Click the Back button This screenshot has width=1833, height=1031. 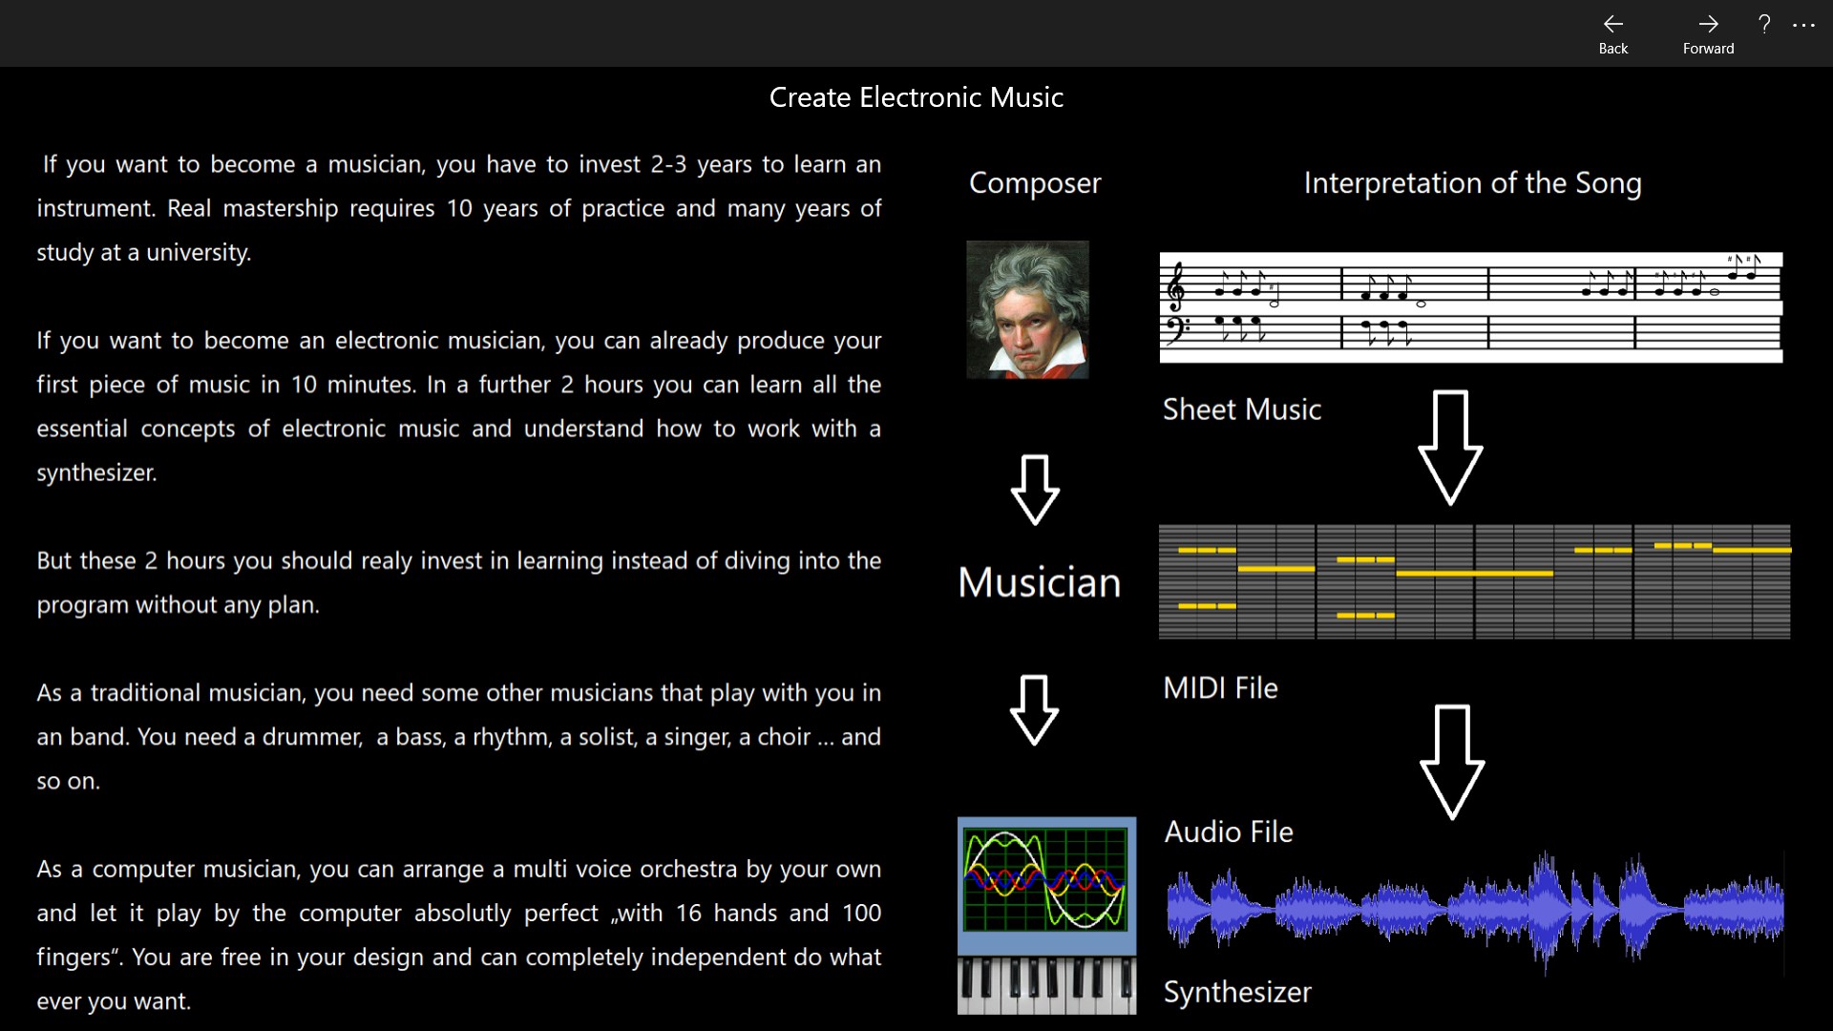[1612, 33]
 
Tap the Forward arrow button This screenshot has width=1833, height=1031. [1708, 33]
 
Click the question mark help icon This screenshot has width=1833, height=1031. [1764, 25]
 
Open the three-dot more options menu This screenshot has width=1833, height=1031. [1803, 26]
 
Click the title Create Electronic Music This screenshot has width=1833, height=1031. [916, 97]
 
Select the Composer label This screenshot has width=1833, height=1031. [1035, 183]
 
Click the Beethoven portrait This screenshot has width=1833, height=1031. [1027, 309]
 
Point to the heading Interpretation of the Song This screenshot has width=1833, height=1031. [1472, 183]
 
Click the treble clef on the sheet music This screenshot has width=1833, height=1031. [1177, 286]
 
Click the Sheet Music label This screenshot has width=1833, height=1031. [1241, 410]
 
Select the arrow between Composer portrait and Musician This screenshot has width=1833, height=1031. [1035, 490]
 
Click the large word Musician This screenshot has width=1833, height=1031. [1039, 582]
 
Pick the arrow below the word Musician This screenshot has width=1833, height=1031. [1034, 710]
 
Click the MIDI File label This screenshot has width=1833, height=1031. [1220, 688]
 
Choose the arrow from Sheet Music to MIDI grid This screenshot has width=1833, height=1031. [1450, 447]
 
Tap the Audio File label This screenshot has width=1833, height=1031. [1229, 832]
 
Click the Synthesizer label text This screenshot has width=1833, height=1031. [1237, 993]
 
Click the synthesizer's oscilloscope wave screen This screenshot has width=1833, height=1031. [1045, 879]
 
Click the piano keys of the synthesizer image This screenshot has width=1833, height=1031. [1046, 985]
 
